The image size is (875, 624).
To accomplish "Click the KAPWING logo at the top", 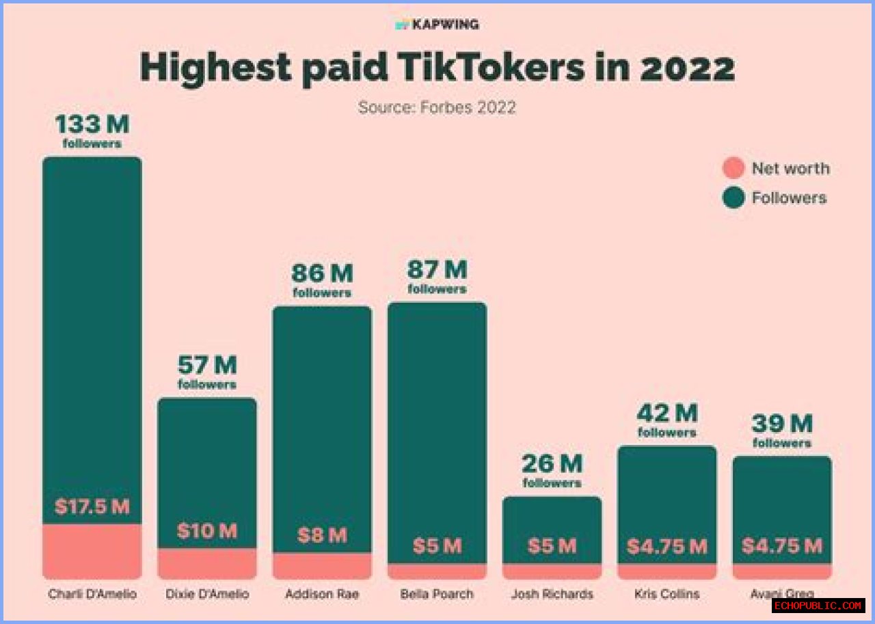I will point(437,25).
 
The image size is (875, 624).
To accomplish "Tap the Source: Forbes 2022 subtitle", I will point(437,107).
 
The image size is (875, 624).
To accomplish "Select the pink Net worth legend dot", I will point(733,168).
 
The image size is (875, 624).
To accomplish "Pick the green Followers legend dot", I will point(733,198).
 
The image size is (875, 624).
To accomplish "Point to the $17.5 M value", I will point(92,507).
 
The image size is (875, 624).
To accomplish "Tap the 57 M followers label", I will point(206,372).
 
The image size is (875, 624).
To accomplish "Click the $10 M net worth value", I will point(206,531).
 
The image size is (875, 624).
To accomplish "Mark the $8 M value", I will point(322,535).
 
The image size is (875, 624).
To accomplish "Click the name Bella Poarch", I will point(437,594).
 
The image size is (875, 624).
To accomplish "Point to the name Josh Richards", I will point(552,594).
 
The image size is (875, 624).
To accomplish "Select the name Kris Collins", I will point(667,594).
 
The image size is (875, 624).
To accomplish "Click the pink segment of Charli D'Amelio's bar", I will point(92,552).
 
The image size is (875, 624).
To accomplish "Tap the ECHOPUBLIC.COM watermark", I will point(818,606).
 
